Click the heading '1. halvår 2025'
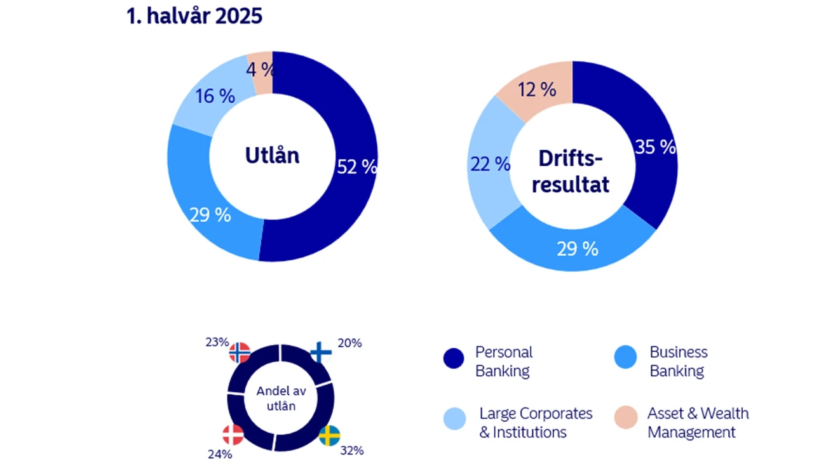click(x=194, y=16)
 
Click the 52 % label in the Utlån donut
click(x=357, y=166)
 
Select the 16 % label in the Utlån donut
click(x=215, y=97)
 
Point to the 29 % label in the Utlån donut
click(x=210, y=215)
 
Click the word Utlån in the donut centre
click(x=272, y=156)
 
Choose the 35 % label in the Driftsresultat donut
click(x=655, y=147)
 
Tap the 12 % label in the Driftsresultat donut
click(x=537, y=90)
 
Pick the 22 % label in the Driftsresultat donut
click(x=491, y=164)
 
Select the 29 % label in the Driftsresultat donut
click(x=578, y=249)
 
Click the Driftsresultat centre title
click(x=571, y=171)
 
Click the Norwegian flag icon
click(x=240, y=352)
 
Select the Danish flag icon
click(x=233, y=435)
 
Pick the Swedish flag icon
click(x=329, y=436)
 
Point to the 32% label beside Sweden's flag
click(x=351, y=451)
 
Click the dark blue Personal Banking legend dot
click(x=454, y=359)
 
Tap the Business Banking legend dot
click(x=625, y=358)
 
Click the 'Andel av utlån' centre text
click(x=276, y=399)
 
